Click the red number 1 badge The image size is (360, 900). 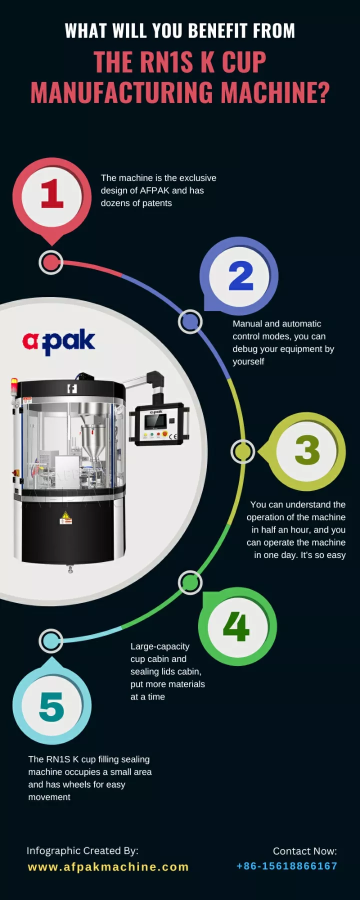(x=51, y=195)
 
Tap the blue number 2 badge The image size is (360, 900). (x=240, y=276)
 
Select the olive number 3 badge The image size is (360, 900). (x=307, y=450)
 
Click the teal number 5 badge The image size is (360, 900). (x=51, y=706)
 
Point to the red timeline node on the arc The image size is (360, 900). (x=51, y=262)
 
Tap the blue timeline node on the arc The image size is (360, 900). (x=190, y=321)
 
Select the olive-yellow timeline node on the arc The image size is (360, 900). (x=243, y=451)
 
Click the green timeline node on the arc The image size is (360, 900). (x=190, y=582)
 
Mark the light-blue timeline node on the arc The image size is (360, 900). (x=51, y=641)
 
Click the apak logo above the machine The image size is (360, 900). (x=59, y=341)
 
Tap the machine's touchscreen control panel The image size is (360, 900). (x=155, y=422)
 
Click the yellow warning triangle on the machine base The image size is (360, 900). (x=65, y=515)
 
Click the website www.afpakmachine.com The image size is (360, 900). (x=108, y=867)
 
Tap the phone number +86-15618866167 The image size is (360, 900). (x=286, y=866)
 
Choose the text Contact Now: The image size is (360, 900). (x=304, y=851)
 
